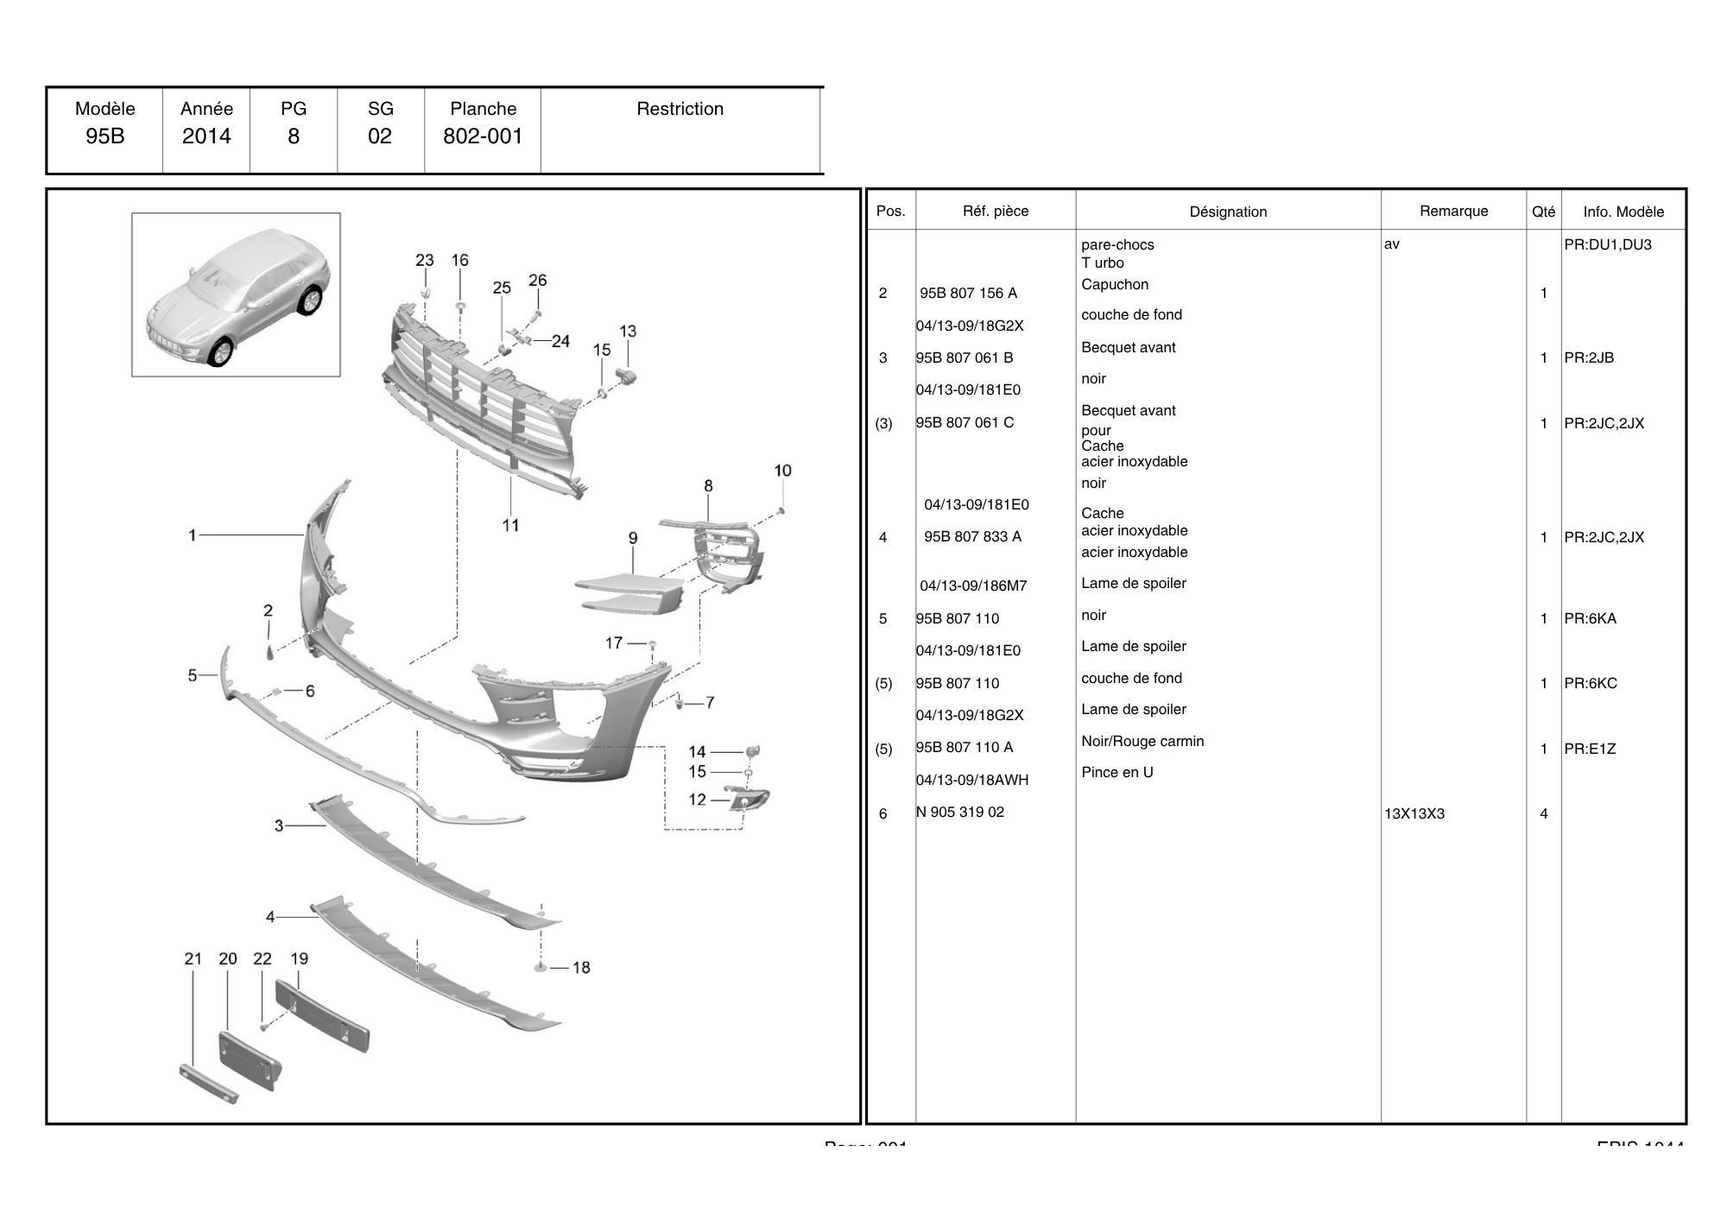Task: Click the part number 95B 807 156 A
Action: point(968,294)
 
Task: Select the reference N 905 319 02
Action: point(960,813)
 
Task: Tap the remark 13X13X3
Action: point(1414,814)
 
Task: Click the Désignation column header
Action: point(1228,212)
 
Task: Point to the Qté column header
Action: point(1543,212)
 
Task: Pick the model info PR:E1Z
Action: point(1590,749)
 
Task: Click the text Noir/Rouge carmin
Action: point(1142,742)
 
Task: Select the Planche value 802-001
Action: point(483,136)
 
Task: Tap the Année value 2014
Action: point(206,136)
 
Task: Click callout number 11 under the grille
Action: point(510,525)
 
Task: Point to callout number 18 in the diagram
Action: point(581,968)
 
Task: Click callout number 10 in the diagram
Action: point(782,471)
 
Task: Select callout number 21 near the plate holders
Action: point(193,958)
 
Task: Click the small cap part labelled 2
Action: point(268,650)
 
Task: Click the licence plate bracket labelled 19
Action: point(322,1015)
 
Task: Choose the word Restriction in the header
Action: point(680,109)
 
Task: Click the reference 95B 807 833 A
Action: point(972,537)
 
